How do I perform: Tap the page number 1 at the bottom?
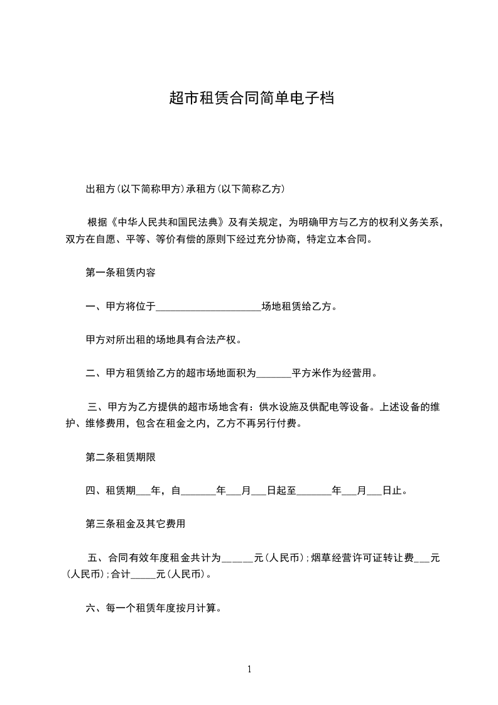(x=249, y=669)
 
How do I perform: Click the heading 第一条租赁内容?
(x=121, y=273)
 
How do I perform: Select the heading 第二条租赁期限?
(x=121, y=457)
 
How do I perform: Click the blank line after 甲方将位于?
(x=208, y=308)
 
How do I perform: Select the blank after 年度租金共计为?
(x=237, y=557)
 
